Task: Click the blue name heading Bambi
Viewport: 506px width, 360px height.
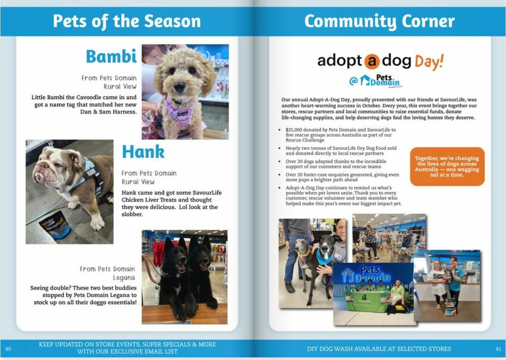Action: point(111,56)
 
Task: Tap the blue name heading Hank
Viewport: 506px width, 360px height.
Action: point(143,152)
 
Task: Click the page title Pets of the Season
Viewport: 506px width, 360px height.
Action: point(126,21)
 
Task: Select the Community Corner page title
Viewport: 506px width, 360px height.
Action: point(379,21)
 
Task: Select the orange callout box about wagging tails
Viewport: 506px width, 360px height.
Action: point(447,166)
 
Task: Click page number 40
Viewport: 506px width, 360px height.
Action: point(8,349)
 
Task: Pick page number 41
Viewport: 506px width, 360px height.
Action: point(498,349)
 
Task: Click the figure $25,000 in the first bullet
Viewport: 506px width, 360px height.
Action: point(296,130)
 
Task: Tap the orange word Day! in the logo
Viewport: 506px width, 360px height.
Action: point(428,61)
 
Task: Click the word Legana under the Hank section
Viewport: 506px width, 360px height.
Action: point(124,278)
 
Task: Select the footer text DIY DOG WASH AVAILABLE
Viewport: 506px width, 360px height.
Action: point(379,349)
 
